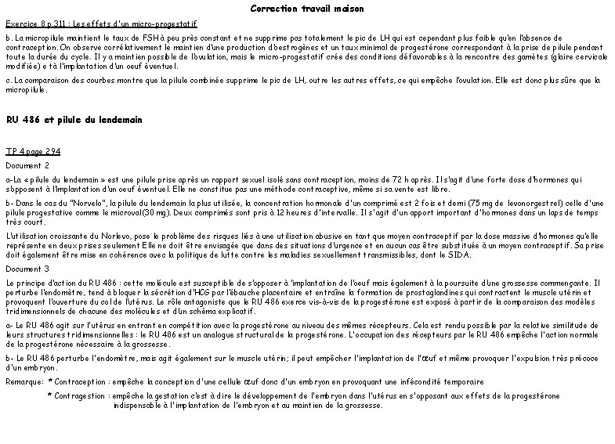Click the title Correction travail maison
(307, 9)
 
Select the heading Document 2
(27, 165)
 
